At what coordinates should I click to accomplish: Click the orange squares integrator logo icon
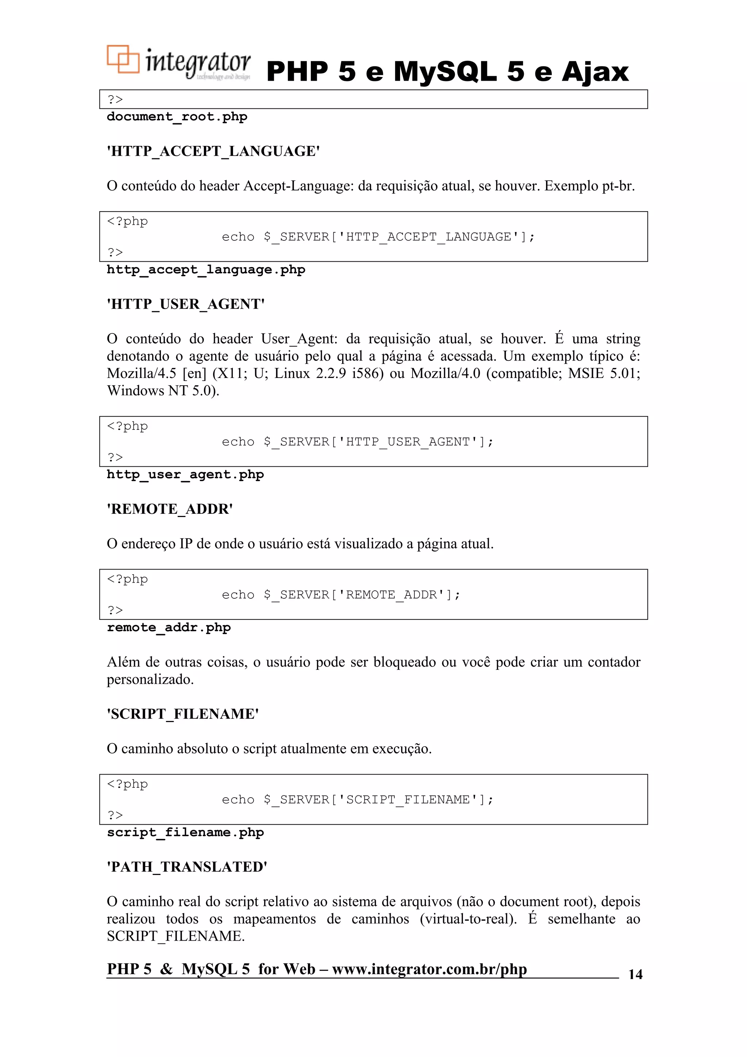click(x=123, y=59)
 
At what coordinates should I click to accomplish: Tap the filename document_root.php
click(x=177, y=116)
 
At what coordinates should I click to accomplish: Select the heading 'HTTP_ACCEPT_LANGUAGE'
click(x=213, y=151)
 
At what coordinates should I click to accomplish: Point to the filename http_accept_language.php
click(x=206, y=269)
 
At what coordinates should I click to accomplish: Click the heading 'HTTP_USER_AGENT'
click(x=186, y=304)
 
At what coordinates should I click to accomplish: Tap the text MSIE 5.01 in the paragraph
click(x=603, y=373)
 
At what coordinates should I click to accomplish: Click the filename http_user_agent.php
click(x=185, y=474)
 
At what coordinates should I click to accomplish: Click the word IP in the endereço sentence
click(x=186, y=544)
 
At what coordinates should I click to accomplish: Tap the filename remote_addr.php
click(x=169, y=627)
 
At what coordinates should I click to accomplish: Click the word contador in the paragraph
click(x=614, y=662)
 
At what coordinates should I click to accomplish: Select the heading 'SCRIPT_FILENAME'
click(x=182, y=714)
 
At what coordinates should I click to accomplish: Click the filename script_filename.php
click(x=185, y=832)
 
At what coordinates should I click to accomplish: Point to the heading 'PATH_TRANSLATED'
click(x=187, y=867)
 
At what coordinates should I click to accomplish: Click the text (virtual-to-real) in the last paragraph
click(x=468, y=919)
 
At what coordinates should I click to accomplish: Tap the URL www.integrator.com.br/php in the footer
click(x=429, y=969)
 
